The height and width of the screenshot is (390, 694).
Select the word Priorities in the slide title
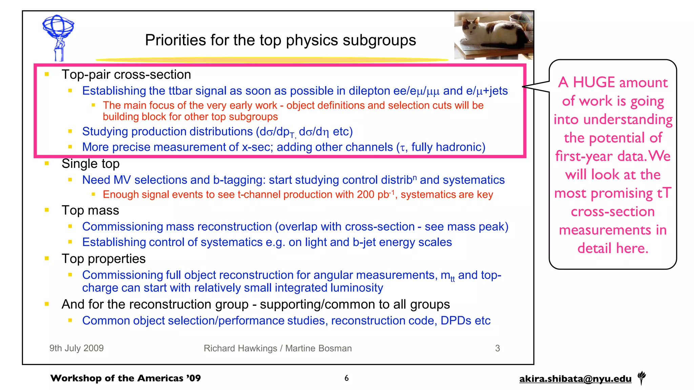pos(176,41)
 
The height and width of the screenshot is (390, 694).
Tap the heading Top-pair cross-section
pos(126,74)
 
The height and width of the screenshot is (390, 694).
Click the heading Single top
pos(90,164)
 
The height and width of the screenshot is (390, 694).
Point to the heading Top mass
pos(90,211)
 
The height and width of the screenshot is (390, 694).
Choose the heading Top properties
pos(103,259)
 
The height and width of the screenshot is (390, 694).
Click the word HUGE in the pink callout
pos(594,83)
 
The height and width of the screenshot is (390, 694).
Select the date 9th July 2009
pos(76,348)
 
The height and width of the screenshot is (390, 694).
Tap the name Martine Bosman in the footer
pos(318,348)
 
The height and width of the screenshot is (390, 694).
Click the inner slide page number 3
pos(497,348)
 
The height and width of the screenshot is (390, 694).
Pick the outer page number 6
pos(346,378)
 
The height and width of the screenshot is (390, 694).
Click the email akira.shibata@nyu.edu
pos(575,379)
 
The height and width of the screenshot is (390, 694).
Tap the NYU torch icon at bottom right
pos(641,377)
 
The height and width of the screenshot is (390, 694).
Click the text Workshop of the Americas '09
pos(125,378)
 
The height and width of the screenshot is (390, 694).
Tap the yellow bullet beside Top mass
pos(47,210)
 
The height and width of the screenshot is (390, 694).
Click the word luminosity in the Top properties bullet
pos(356,288)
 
